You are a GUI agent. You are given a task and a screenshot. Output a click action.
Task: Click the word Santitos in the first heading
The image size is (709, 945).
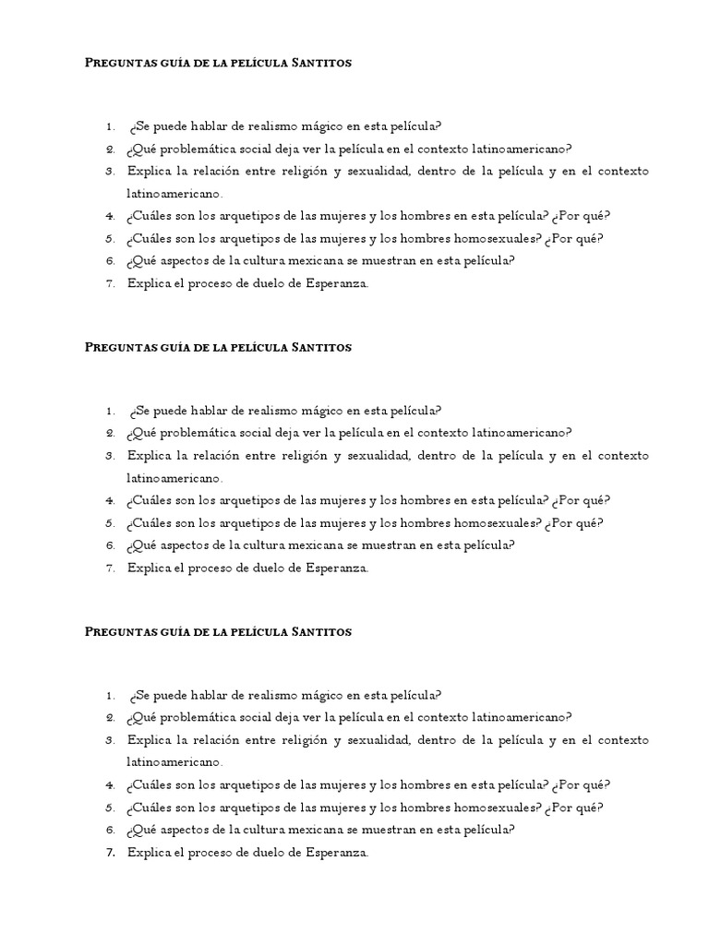click(321, 63)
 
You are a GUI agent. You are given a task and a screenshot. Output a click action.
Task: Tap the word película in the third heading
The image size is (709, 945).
click(253, 632)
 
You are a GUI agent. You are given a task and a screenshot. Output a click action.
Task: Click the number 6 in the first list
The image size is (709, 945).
click(109, 261)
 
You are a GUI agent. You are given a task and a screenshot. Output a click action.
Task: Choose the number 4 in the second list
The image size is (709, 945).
click(109, 501)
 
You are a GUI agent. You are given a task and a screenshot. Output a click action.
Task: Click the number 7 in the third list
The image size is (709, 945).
click(109, 853)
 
